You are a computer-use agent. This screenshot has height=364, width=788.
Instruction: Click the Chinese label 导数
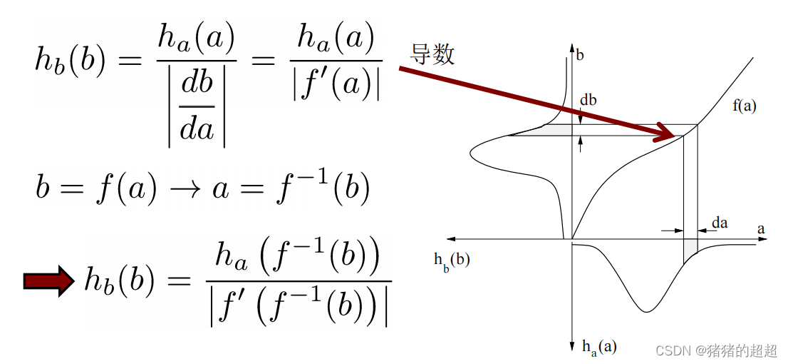point(432,54)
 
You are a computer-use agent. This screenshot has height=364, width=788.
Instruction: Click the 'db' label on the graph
point(588,101)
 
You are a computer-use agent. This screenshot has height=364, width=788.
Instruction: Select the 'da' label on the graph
point(720,223)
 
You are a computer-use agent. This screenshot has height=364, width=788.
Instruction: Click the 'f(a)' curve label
point(744,106)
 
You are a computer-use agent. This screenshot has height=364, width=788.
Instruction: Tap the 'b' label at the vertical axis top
point(581,54)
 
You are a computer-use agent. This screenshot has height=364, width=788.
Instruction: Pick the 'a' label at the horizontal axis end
point(761,229)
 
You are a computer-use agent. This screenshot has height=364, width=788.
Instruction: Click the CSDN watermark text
point(716,350)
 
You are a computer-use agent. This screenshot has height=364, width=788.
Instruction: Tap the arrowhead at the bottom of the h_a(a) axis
point(572,348)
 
